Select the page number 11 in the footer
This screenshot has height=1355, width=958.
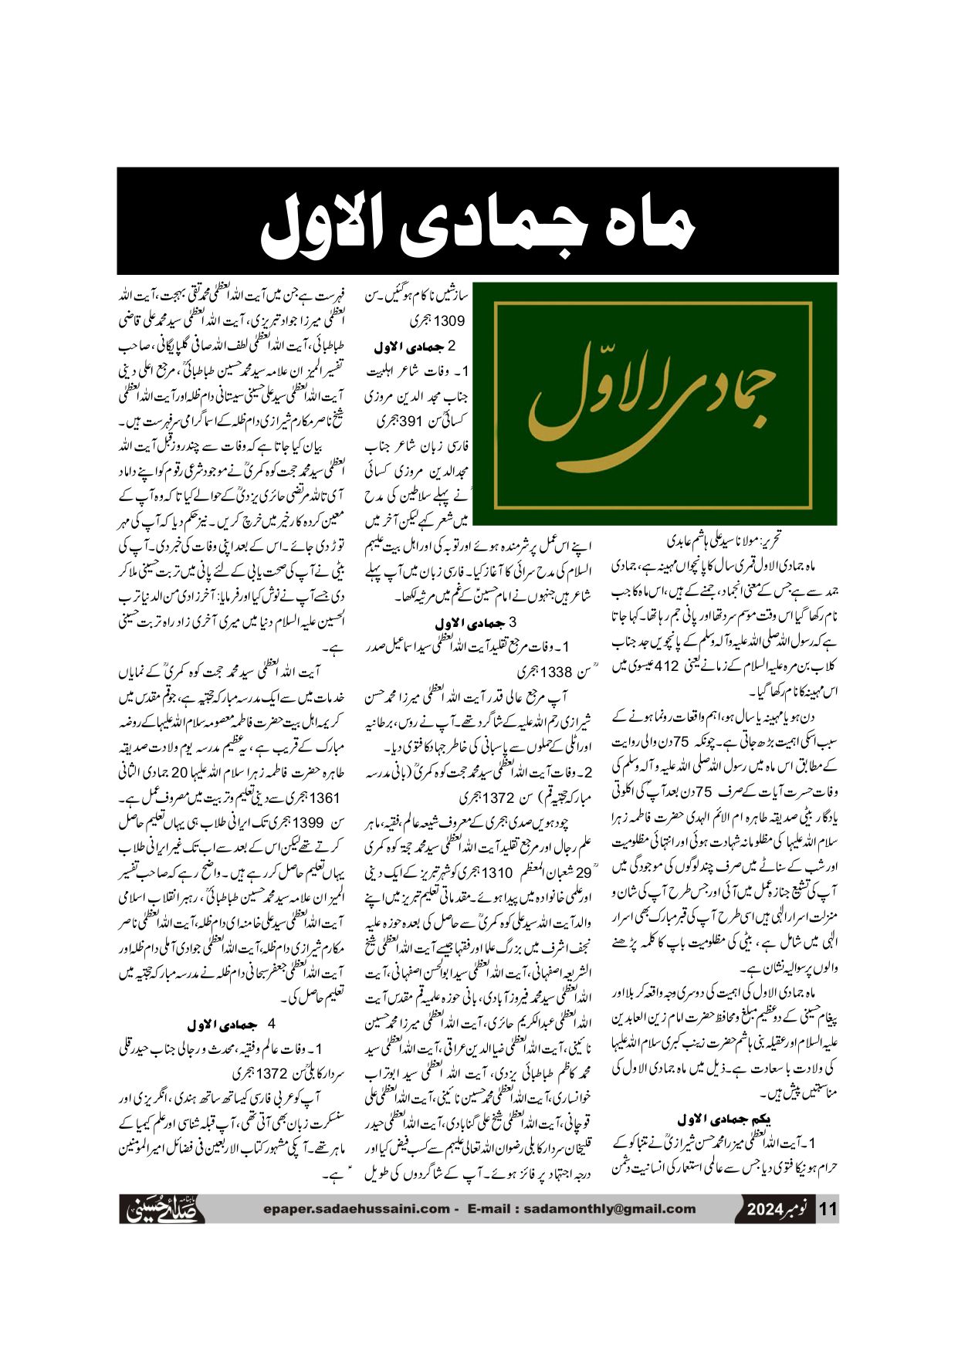tap(827, 1210)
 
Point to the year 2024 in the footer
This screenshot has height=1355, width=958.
tap(765, 1210)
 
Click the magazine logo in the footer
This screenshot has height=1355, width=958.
tap(162, 1208)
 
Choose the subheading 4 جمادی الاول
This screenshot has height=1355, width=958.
tap(232, 1025)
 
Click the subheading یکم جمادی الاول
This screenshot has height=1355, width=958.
tap(725, 1119)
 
